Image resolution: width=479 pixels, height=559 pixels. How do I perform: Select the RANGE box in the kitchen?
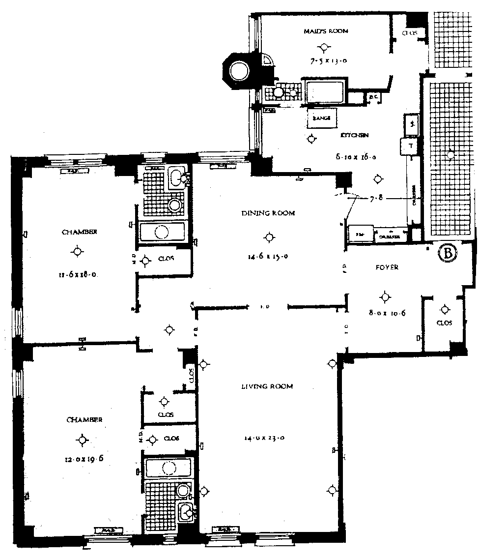(318, 118)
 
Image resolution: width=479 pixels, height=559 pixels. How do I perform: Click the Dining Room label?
(268, 213)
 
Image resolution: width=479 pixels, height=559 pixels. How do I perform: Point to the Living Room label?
(267, 386)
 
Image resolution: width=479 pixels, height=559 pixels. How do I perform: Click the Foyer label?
(387, 267)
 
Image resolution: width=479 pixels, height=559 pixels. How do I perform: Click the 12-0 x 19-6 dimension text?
(83, 460)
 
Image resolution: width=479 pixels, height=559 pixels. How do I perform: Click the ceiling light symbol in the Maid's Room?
(323, 48)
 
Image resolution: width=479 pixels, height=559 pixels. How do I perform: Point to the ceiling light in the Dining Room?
(268, 238)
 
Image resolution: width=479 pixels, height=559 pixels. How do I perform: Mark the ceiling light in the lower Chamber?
(83, 440)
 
